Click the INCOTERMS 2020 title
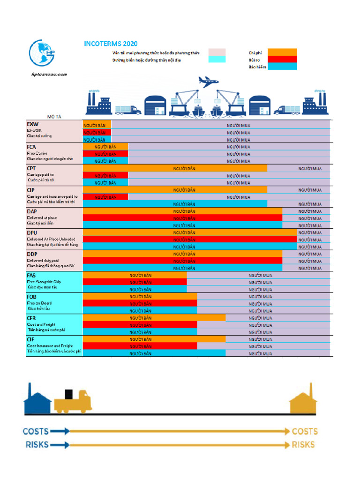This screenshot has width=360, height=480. click(111, 44)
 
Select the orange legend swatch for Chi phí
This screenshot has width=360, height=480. click(282, 52)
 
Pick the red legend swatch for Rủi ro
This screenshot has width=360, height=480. click(282, 59)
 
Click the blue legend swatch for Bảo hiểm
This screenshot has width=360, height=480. click(282, 66)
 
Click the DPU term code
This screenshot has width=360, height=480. click(32, 232)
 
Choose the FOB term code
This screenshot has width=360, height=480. click(32, 297)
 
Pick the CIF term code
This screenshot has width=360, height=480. click(30, 339)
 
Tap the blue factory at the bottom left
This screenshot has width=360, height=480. click(37, 401)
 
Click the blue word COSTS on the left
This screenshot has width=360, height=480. click(36, 431)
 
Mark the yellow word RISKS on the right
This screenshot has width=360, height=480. click(303, 445)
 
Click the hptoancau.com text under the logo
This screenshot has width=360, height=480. click(49, 74)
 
